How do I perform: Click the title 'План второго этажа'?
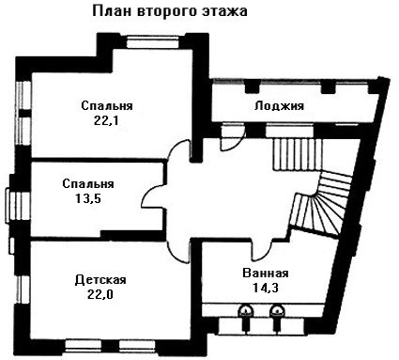[x=170, y=11]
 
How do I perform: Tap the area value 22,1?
[x=106, y=120]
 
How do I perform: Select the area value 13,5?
[x=88, y=198]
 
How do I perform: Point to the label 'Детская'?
[x=100, y=279]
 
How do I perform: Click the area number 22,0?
[x=100, y=294]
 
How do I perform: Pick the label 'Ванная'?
[x=266, y=273]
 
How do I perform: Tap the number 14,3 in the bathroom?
[x=266, y=288]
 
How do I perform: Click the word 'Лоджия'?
[x=279, y=105]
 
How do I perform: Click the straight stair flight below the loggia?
[x=297, y=154]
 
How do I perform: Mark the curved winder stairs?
[x=322, y=204]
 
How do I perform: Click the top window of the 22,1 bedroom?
[x=153, y=41]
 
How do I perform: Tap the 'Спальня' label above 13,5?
[x=88, y=183]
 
